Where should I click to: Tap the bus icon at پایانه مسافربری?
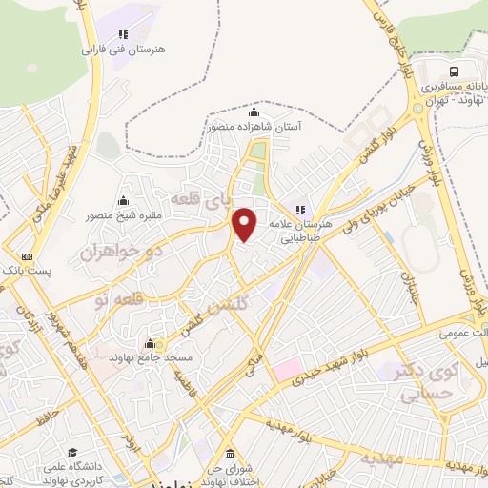455,71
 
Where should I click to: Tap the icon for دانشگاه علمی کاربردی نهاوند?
72,453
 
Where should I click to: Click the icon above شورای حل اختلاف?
230,453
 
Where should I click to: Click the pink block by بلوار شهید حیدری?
290,368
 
